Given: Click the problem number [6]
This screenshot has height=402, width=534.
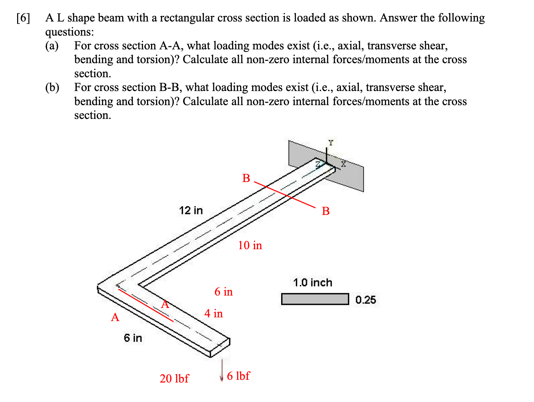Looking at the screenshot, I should coord(23,18).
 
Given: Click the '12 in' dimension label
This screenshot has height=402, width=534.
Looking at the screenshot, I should coord(191,211).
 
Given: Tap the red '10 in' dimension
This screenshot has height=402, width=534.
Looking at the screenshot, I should coord(250,245).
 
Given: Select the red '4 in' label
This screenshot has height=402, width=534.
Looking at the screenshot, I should coord(214,314).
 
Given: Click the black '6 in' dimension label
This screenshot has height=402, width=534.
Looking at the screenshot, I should coord(133,338).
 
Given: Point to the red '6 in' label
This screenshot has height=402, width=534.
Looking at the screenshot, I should coord(224,292).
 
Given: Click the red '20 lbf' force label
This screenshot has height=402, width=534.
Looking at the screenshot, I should coord(174,379).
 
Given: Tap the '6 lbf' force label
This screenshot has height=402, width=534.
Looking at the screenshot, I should coord(238,376).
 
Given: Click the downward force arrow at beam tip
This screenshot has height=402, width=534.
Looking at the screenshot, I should coord(222,370).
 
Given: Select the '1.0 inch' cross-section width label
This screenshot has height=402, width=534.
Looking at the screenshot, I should coord(312,283).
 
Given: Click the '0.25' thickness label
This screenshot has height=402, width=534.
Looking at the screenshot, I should coord(365,300).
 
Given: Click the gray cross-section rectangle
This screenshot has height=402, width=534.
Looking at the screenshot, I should coord(315,299).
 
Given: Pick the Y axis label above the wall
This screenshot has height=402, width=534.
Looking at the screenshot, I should coord(331,143).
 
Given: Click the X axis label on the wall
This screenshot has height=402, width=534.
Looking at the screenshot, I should coord(343,164).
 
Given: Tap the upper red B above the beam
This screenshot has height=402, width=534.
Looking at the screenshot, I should coord(246,178).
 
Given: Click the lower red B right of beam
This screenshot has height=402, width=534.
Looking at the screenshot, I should coord(325,211).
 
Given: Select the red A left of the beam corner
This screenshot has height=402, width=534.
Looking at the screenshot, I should coord(115,317).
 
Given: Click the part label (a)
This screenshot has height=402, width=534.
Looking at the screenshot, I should coord(52,46).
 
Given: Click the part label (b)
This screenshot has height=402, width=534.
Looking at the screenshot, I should coord(52,87).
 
